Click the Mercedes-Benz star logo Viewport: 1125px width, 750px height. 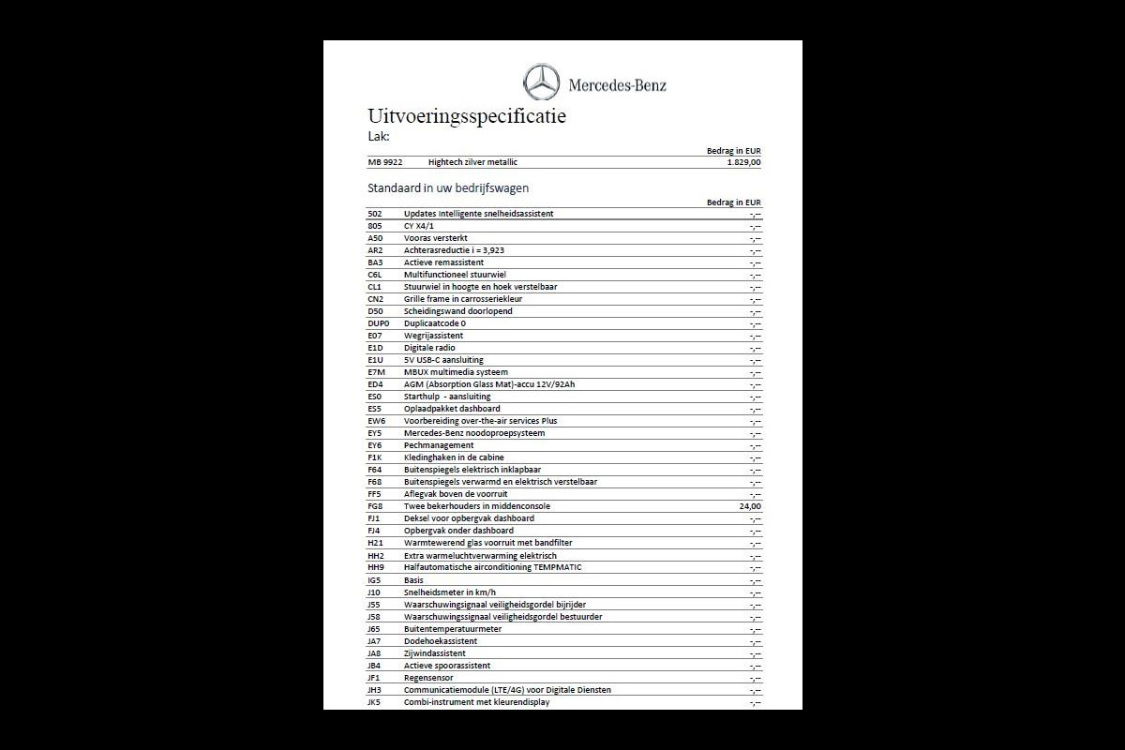pos(541,82)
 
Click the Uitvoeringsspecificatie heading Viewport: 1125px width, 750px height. pos(467,117)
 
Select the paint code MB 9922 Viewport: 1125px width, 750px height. pos(385,162)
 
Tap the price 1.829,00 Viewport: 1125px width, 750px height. pos(743,162)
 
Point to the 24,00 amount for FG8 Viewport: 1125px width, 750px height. pos(750,506)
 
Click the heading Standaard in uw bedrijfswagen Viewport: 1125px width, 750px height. pos(448,187)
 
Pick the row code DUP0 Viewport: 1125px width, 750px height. pos(378,323)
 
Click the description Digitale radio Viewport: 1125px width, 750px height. pos(429,348)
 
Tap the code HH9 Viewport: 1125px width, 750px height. pos(376,567)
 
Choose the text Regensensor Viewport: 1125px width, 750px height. pos(428,678)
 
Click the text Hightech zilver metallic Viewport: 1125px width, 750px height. pos(472,162)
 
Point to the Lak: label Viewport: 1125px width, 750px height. pos(379,137)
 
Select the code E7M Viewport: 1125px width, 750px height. pos(377,372)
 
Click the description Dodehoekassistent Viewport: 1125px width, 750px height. pos(441,641)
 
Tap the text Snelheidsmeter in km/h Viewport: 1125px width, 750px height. pos(451,592)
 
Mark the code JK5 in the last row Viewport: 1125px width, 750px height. pos(375,702)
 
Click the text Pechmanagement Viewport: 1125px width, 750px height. pos(439,445)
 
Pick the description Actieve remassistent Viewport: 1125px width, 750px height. pos(443,262)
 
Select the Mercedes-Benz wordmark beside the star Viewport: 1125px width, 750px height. pos(617,85)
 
